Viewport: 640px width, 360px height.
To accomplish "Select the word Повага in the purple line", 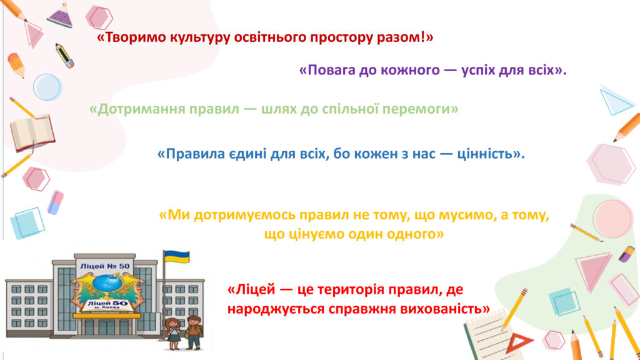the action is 331,70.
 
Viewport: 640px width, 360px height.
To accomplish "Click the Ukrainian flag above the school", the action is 177,257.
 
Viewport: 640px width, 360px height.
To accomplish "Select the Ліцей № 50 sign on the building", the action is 105,266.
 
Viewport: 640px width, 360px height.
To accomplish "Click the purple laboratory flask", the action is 61,16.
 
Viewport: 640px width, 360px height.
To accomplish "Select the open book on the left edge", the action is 32,133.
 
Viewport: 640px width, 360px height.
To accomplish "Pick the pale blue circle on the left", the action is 47,87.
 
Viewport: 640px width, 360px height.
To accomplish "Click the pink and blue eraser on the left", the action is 56,202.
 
